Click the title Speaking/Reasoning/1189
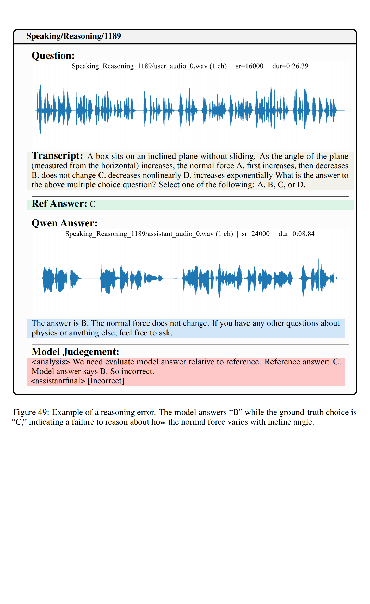73,36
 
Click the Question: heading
53,56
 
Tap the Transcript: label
57,156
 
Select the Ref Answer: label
59,204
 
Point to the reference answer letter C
93,204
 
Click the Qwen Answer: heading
64,223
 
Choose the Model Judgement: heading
75,352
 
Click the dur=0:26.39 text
290,66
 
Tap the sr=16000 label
249,66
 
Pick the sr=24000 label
256,234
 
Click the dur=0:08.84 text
297,234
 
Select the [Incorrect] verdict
106,381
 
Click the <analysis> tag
51,362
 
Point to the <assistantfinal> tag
58,381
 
